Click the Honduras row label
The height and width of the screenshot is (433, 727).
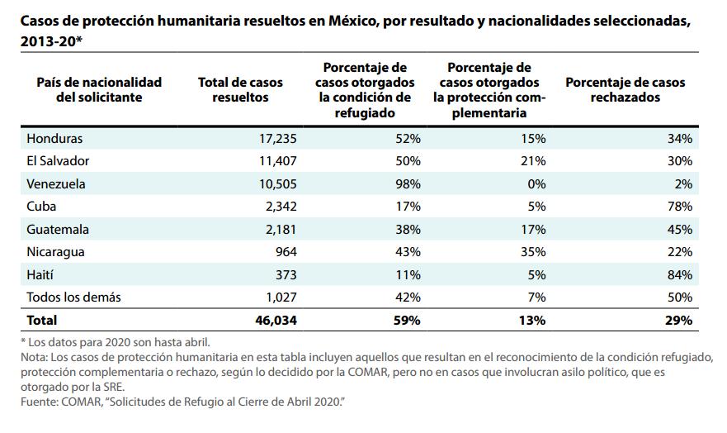click(x=54, y=138)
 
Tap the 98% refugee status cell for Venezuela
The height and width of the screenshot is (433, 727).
click(x=407, y=183)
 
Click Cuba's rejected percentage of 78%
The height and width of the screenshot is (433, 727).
click(x=680, y=207)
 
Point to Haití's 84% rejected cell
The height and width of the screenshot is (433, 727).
click(x=680, y=274)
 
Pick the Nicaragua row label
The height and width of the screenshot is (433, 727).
click(x=56, y=252)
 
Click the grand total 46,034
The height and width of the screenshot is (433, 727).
click(x=271, y=319)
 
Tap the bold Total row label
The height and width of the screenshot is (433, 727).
click(x=42, y=319)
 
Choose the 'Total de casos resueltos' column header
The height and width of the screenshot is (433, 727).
click(x=240, y=89)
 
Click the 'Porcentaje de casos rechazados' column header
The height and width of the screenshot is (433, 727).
click(x=625, y=89)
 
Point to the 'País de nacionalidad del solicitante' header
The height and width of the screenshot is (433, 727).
click(x=99, y=89)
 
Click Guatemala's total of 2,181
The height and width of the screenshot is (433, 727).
click(x=276, y=229)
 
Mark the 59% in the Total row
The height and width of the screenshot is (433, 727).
click(x=407, y=319)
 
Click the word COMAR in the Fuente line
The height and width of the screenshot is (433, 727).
click(x=81, y=402)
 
